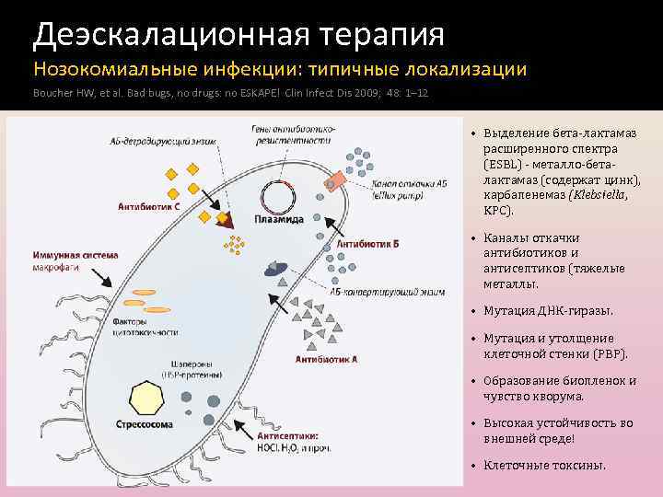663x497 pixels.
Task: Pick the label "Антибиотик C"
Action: [x=148, y=206]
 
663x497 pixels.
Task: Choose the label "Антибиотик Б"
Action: [x=367, y=245]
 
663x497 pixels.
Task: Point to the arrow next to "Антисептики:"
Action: [x=244, y=426]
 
